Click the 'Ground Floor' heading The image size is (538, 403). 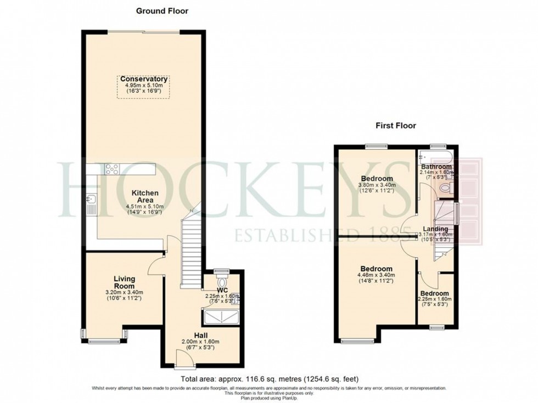pos(162,10)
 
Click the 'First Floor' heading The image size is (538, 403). pos(395,126)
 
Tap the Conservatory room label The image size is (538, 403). pos(144,79)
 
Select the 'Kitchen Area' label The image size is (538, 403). pos(144,197)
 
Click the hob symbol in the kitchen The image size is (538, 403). pos(113,169)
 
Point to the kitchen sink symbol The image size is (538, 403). pos(91,205)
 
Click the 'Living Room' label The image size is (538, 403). pos(125,282)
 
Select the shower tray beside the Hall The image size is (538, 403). pos(221,318)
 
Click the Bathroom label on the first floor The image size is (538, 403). pos(436,167)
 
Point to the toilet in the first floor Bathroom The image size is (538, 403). pos(445,188)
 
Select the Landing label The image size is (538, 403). pos(435,229)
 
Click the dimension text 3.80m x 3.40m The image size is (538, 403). pos(376,185)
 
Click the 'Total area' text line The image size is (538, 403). pos(268,379)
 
